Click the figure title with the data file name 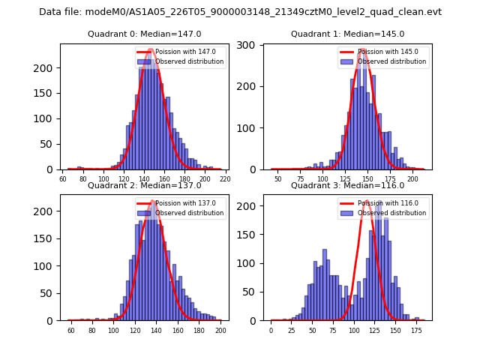tap(240, 12)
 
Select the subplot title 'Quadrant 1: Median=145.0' tap(347, 34)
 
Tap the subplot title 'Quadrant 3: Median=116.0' tap(347, 185)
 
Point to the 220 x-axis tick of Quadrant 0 tap(225, 180)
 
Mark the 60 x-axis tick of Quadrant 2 tap(71, 331)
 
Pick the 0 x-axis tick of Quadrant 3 tap(271, 331)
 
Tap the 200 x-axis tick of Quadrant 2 tap(220, 331)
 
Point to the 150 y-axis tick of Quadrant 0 tap(50, 93)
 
